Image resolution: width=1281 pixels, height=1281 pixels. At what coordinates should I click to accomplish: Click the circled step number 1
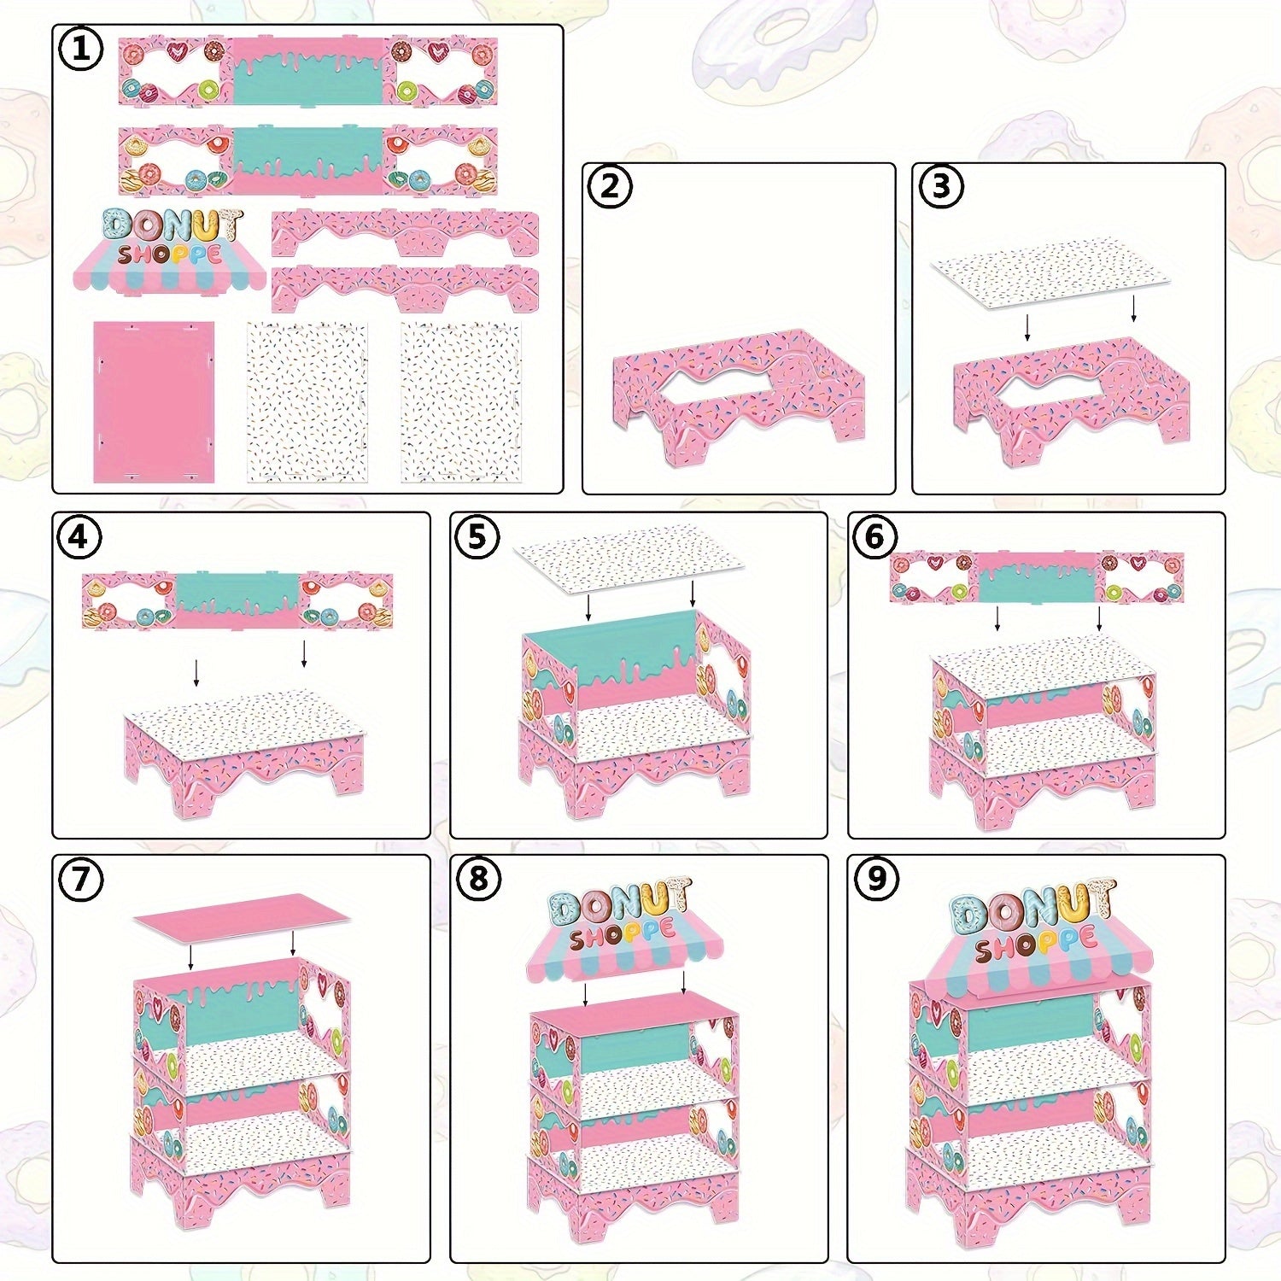[x=81, y=50]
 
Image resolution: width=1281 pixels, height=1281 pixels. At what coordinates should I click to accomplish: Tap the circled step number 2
[x=610, y=186]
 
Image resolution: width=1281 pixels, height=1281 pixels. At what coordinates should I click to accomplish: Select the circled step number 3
[x=941, y=186]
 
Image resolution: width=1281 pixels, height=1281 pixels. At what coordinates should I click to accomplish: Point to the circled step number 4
[x=79, y=537]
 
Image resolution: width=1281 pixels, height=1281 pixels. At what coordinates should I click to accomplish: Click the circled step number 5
[x=477, y=537]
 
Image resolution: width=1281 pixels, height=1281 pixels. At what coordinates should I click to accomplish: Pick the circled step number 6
[x=875, y=537]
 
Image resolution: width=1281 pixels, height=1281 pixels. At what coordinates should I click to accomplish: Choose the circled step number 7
[x=80, y=880]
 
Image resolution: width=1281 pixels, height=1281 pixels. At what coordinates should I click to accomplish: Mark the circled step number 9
[x=876, y=880]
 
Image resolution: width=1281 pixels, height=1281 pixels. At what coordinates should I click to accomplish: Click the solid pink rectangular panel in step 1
[x=154, y=401]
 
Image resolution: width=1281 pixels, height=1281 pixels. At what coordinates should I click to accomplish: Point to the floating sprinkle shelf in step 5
[x=628, y=559]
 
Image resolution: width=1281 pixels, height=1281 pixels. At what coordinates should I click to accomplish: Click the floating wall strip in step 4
[x=237, y=601]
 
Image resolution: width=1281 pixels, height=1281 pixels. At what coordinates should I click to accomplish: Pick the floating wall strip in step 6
[x=1036, y=577]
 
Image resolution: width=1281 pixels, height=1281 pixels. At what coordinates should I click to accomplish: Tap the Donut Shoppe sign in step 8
[x=624, y=933]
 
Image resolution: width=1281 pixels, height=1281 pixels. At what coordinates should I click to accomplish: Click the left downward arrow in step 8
[x=585, y=993]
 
